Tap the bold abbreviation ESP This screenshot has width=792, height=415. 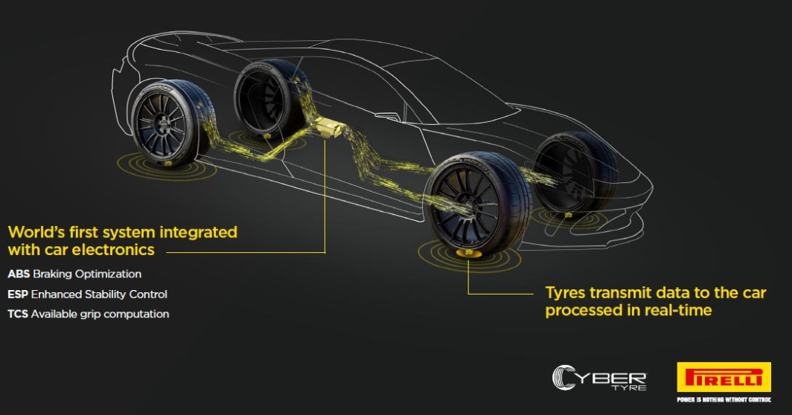pos(18,294)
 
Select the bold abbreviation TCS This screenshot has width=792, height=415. pos(18,314)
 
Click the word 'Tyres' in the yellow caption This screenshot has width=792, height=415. pos(568,292)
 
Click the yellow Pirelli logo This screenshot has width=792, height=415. pos(724,378)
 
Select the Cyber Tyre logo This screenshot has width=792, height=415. pos(599,377)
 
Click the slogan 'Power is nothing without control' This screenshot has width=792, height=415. pos(724,399)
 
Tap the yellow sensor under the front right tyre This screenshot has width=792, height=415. pos(467,254)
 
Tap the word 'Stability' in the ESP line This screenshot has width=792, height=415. pos(109,294)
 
